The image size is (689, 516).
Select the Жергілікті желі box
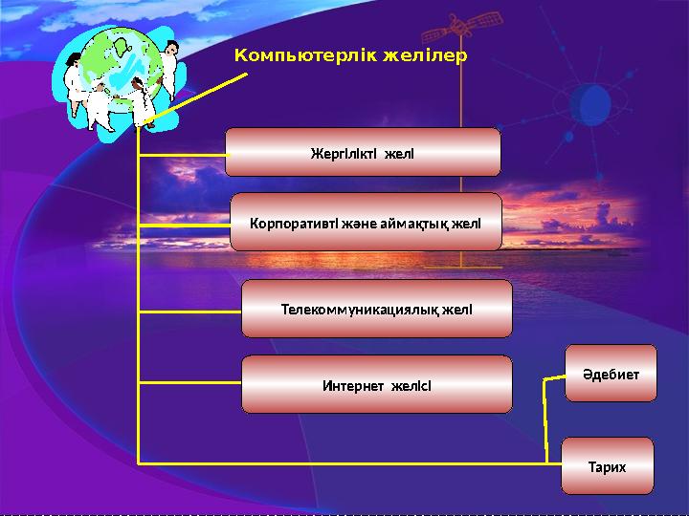(x=363, y=153)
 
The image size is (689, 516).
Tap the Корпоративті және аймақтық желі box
(x=366, y=222)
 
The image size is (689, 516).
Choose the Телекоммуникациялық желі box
(x=376, y=309)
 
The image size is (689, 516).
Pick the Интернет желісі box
(x=376, y=385)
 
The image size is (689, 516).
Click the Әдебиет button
(x=611, y=374)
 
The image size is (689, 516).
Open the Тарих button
(x=607, y=466)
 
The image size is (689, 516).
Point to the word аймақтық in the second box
(x=419, y=222)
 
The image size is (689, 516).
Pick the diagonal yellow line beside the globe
(x=201, y=96)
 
